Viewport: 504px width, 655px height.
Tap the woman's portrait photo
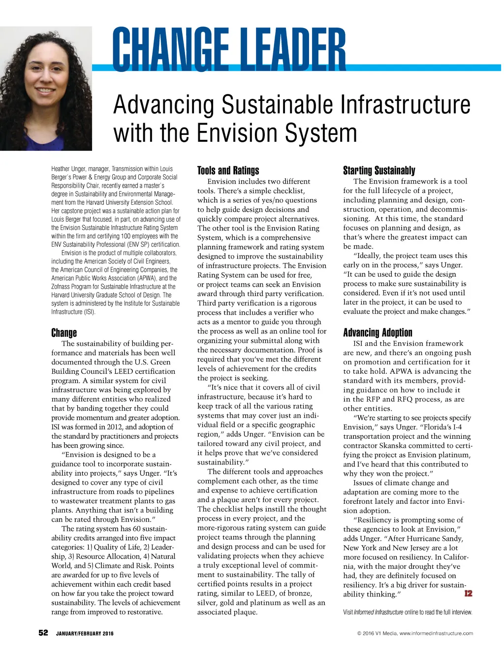pos(46,89)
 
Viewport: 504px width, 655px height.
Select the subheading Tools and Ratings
pos(228,170)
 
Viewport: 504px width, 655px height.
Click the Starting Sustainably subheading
pos(379,170)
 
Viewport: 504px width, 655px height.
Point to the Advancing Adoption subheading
pos(378,332)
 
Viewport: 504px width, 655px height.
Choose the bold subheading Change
pos(64,332)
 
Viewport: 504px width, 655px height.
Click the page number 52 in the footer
pos(43,633)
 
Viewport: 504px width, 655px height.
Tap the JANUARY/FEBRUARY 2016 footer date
pos(85,633)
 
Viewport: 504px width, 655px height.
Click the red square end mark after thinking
pos(468,593)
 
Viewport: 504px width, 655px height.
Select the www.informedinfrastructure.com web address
pos(436,633)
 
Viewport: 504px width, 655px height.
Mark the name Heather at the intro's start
pos(61,169)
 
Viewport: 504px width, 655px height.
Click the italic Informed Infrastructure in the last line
pos(378,612)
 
